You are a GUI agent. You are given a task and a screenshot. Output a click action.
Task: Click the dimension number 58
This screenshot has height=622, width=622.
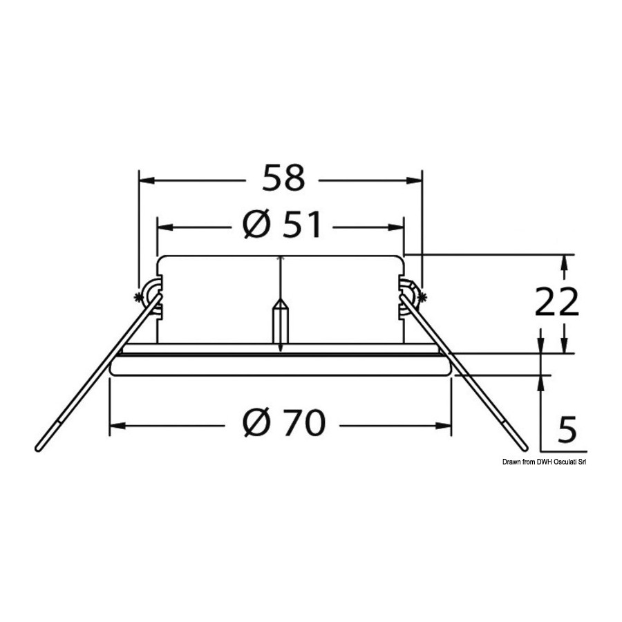[284, 178]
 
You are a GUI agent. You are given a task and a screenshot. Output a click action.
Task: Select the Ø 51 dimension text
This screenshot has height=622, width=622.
[282, 225]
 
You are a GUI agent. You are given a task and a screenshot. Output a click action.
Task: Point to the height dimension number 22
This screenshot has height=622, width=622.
[556, 301]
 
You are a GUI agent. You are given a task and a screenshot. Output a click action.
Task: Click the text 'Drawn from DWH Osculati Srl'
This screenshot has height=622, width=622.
[545, 462]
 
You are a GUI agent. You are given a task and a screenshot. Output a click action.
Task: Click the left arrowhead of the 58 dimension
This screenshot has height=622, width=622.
[147, 180]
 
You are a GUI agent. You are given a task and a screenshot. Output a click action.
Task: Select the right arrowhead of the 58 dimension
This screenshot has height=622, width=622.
[414, 180]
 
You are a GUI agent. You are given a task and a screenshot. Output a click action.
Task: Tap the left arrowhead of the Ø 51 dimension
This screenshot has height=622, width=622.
[165, 227]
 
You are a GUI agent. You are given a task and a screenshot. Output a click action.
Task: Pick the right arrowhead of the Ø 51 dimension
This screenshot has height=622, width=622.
[396, 227]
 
